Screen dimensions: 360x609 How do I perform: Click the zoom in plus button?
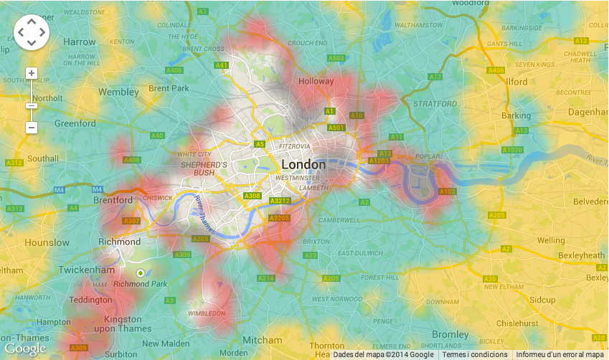coord(31,73)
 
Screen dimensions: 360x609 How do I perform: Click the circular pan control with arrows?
coord(31,32)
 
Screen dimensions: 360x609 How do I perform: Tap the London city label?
coord(303,164)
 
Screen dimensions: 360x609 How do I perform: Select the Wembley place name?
coord(118,93)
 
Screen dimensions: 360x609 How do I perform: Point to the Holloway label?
coord(316,81)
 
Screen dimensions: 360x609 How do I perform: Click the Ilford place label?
coord(516,82)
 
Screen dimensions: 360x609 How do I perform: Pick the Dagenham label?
coord(587,113)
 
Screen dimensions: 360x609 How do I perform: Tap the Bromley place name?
coord(450,335)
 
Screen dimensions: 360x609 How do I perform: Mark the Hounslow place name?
coord(47,243)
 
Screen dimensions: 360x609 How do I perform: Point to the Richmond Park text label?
coord(141,284)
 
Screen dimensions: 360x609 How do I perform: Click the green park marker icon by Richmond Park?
coord(141,273)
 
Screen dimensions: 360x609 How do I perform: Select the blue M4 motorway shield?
coord(58,190)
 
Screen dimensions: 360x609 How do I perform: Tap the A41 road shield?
coord(222,65)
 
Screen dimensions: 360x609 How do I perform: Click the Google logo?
coord(24,349)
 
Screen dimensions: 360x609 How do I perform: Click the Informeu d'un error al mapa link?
coord(560,354)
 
